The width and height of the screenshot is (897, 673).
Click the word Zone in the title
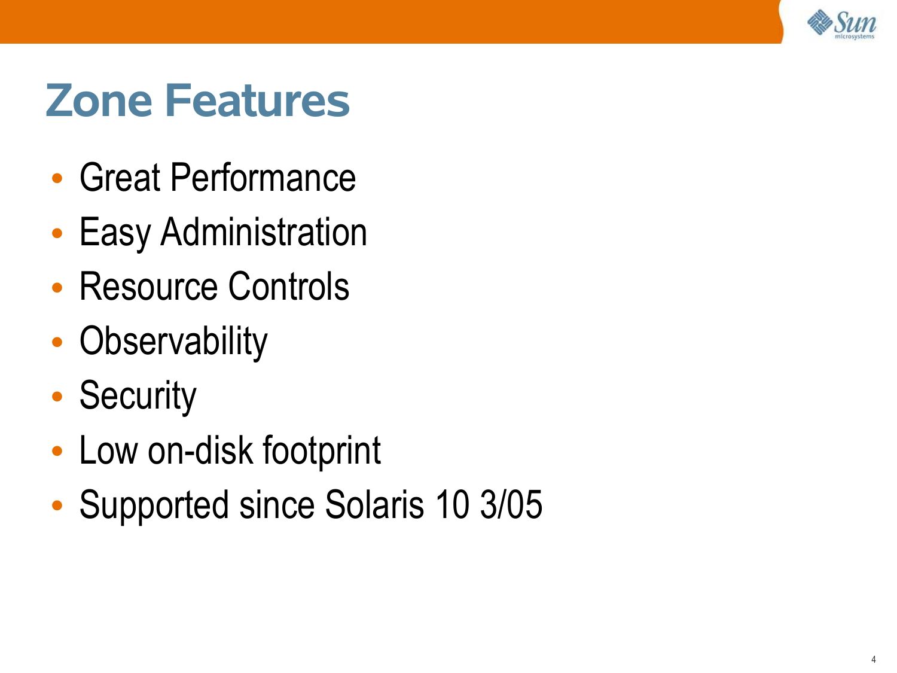pyautogui.click(x=99, y=100)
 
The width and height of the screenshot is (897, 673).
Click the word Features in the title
pyautogui.click(x=258, y=100)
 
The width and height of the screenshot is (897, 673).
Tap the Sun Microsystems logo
pyautogui.click(x=842, y=25)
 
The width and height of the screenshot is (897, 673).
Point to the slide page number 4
pyautogui.click(x=873, y=659)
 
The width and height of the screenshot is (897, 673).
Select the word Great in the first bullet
pyautogui.click(x=120, y=177)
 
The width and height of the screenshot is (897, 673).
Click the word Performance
pyautogui.click(x=263, y=177)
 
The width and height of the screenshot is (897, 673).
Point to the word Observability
pyautogui.click(x=173, y=342)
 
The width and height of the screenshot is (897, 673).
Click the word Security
pyautogui.click(x=138, y=397)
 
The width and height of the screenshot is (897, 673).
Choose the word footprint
pyautogui.click(x=322, y=450)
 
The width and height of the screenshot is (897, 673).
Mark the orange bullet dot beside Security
pyautogui.click(x=57, y=397)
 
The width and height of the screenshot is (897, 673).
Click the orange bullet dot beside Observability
pyautogui.click(x=57, y=342)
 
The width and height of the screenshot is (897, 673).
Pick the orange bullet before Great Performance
pyautogui.click(x=57, y=178)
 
